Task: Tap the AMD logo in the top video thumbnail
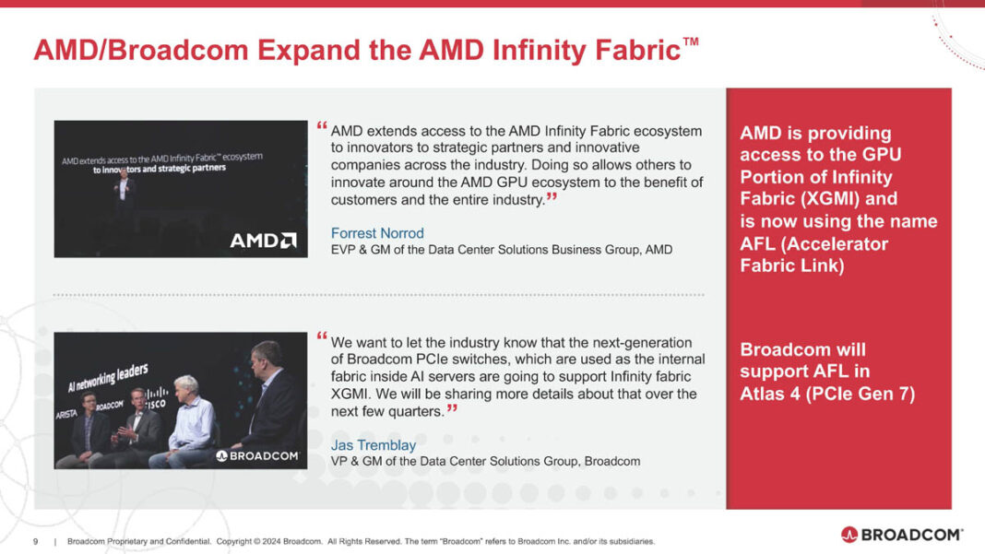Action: (x=263, y=240)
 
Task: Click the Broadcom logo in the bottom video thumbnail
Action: (x=257, y=455)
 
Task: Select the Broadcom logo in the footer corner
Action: (x=901, y=535)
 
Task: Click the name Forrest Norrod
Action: (x=377, y=233)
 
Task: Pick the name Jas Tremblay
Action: (x=373, y=445)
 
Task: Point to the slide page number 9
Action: (x=35, y=541)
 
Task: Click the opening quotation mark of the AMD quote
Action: (x=321, y=126)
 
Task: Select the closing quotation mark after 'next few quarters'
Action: (x=452, y=408)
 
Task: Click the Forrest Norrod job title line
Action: (x=501, y=250)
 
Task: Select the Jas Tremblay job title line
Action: (x=485, y=461)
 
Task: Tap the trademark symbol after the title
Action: (x=690, y=41)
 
